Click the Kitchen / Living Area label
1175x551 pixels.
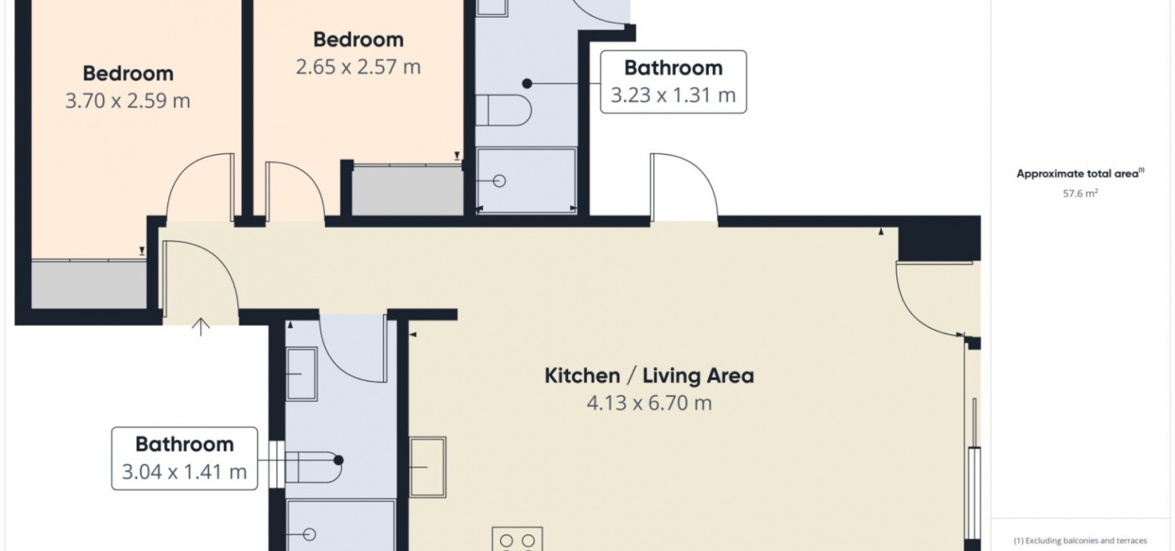pyautogui.click(x=649, y=376)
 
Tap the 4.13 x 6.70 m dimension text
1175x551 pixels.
pyautogui.click(x=649, y=403)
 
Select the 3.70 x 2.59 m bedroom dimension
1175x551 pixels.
pyautogui.click(x=128, y=101)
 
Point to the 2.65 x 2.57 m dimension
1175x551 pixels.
pyautogui.click(x=358, y=67)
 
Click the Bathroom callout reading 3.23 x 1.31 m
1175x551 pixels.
pyautogui.click(x=674, y=82)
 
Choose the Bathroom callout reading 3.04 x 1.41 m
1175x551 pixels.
pyautogui.click(x=185, y=459)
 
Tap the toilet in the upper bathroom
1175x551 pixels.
pyautogui.click(x=503, y=110)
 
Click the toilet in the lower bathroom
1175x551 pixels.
pyautogui.click(x=313, y=467)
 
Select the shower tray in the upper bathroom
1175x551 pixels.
pyautogui.click(x=526, y=181)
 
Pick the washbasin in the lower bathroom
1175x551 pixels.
pyautogui.click(x=302, y=374)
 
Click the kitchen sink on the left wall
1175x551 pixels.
pyautogui.click(x=427, y=467)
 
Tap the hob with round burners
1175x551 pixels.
pyautogui.click(x=517, y=539)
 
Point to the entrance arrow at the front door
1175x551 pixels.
pyautogui.click(x=200, y=327)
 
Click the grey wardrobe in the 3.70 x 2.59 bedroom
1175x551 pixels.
pyautogui.click(x=89, y=284)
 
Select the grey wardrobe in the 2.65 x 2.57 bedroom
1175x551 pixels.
pyautogui.click(x=408, y=190)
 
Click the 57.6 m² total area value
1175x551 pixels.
pyautogui.click(x=1081, y=194)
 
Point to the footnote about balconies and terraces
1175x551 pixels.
pyautogui.click(x=1081, y=541)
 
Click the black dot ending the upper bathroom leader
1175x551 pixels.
pyautogui.click(x=527, y=83)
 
